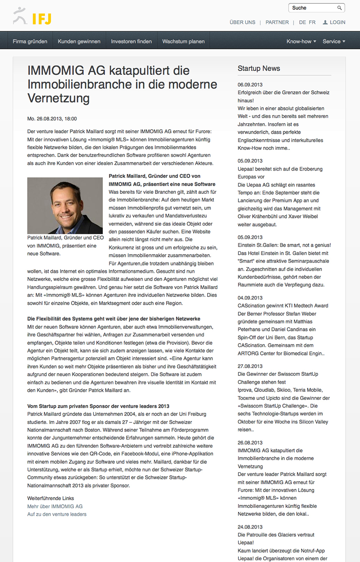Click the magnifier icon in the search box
[339, 8]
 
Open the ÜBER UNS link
[242, 22]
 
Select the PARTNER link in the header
[277, 22]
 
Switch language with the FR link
[312, 22]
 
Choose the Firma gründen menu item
[30, 41]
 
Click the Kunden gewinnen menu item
[79, 41]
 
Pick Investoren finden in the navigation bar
[131, 41]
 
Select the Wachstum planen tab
[183, 41]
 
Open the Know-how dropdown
[301, 41]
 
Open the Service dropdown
[334, 41]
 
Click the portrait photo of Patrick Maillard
[65, 206]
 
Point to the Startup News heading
[259, 69]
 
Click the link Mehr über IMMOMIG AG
[55, 506]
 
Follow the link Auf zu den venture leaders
[57, 514]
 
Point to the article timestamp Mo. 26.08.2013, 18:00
[52, 119]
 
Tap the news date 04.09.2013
[250, 298]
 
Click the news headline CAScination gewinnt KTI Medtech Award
[283, 306]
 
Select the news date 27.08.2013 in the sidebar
[250, 366]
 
